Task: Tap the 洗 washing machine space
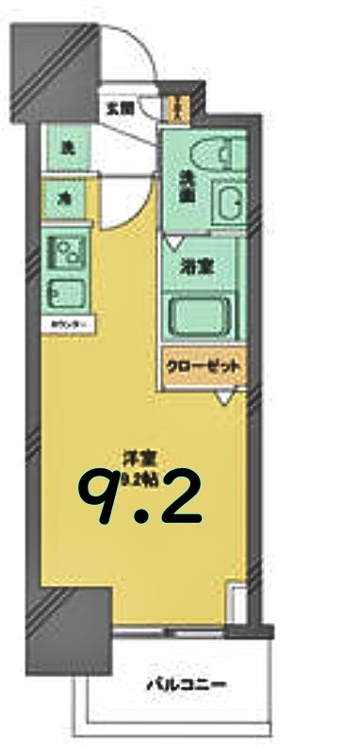68,147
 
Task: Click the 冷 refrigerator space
67,198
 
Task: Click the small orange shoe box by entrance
176,106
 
